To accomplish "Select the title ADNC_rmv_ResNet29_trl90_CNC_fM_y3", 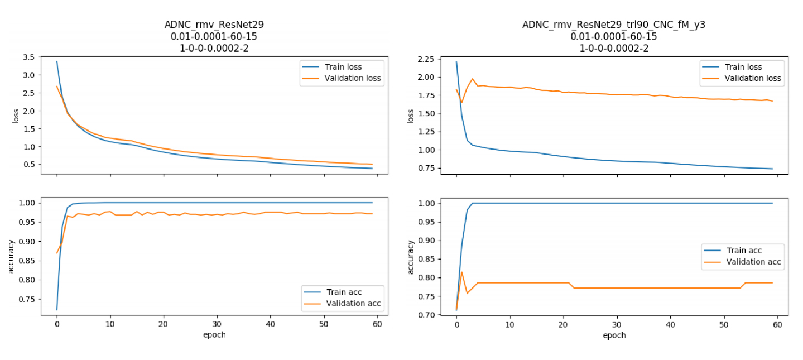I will (x=613, y=25).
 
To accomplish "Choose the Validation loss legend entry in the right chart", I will (x=753, y=78).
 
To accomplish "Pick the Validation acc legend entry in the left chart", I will (x=352, y=303).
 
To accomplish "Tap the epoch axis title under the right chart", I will (x=614, y=335).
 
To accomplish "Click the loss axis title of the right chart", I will (x=411, y=116).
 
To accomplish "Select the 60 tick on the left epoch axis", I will (x=377, y=324).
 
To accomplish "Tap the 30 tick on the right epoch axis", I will (x=617, y=324).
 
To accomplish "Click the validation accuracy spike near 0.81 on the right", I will (x=461, y=272).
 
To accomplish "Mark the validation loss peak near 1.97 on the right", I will (x=473, y=79).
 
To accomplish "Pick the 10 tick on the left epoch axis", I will (x=110, y=324).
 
